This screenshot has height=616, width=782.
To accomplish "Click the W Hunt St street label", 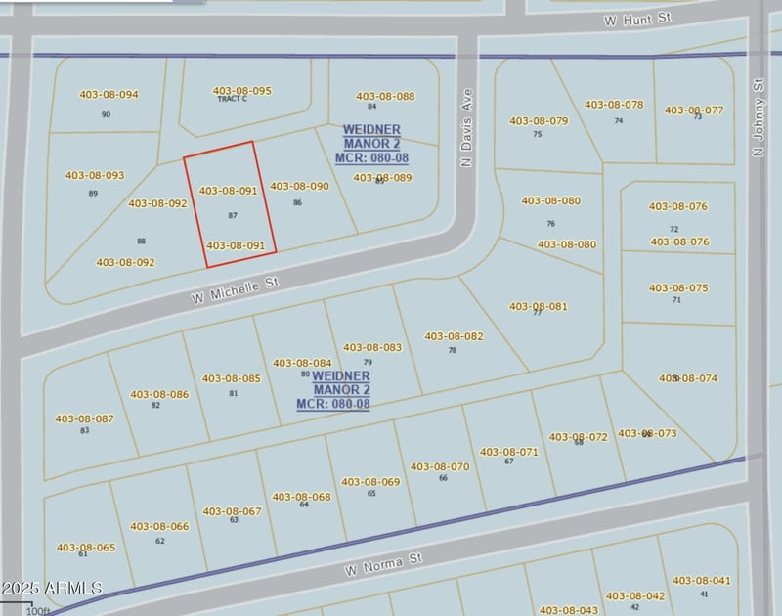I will pyautogui.click(x=639, y=19).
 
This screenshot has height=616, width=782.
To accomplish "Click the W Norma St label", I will pyautogui.click(x=382, y=564).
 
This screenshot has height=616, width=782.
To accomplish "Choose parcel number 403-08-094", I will pyautogui.click(x=109, y=95).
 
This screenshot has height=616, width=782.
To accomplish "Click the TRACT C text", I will pyautogui.click(x=233, y=99).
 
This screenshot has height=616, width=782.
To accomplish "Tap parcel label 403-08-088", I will pyautogui.click(x=385, y=96).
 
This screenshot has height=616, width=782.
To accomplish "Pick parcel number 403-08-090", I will pyautogui.click(x=299, y=186).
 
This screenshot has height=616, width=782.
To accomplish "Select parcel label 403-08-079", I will pyautogui.click(x=539, y=121).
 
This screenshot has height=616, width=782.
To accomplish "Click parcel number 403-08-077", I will pyautogui.click(x=694, y=110).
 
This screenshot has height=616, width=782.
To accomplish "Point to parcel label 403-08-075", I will pyautogui.click(x=678, y=288).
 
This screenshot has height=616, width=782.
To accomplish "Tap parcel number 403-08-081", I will pyautogui.click(x=539, y=306).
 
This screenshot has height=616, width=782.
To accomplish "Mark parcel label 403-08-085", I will pyautogui.click(x=232, y=378).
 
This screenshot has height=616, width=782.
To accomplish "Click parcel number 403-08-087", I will pyautogui.click(x=85, y=418).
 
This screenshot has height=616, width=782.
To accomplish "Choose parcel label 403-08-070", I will pyautogui.click(x=440, y=466).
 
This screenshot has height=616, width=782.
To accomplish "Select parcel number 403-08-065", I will pyautogui.click(x=86, y=548).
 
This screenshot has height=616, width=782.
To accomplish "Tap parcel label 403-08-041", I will pyautogui.click(x=701, y=581).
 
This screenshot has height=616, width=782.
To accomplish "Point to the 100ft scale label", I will pyautogui.click(x=37, y=611).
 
